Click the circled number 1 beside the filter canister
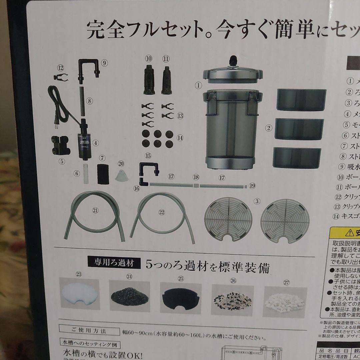coord(199,85)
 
